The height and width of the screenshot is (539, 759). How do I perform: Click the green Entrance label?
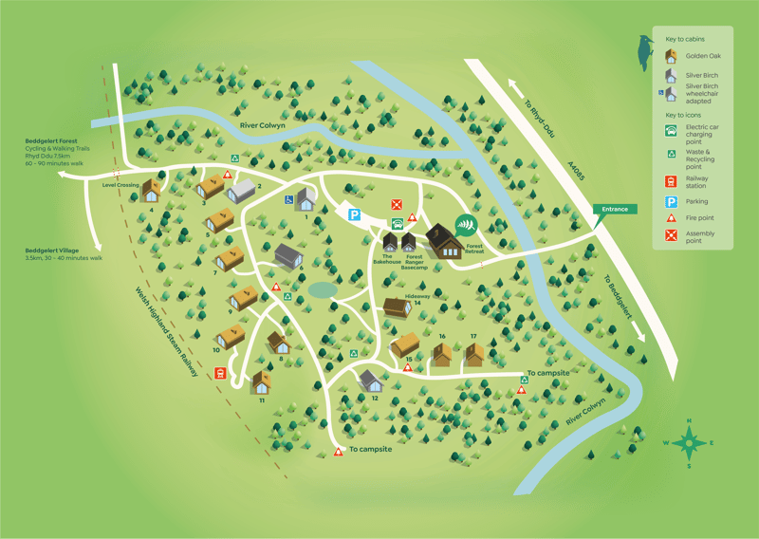coord(614,209)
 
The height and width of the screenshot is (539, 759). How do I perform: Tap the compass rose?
coord(690,442)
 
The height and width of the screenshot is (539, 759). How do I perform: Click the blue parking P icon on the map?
coord(354,216)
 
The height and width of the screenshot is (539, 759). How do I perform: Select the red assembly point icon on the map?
coord(398,204)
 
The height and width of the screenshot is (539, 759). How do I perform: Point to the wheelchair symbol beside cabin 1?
coord(288,200)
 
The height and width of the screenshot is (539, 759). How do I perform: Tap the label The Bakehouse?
coord(386,259)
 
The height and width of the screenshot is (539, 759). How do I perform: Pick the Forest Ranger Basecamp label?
coord(414,262)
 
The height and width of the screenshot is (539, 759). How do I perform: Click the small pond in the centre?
coord(322,288)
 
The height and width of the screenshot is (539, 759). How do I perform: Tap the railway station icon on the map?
coord(220,373)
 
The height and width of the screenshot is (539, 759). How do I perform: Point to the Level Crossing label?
coord(120,186)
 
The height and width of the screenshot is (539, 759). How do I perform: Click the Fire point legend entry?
coord(700,218)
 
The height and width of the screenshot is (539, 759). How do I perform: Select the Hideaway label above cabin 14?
coord(418,296)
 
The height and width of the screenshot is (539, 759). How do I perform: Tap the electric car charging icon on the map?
coord(398,224)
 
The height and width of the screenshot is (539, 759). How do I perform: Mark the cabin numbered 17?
coord(473,354)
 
